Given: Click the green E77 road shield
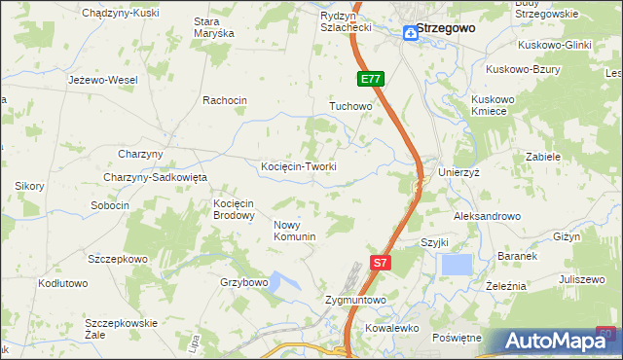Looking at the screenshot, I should pyautogui.click(x=370, y=79).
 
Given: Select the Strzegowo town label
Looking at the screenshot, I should pyautogui.click(x=446, y=28).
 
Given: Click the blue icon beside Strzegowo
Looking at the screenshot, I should pyautogui.click(x=412, y=33).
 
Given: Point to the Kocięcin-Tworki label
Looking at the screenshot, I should pyautogui.click(x=299, y=166).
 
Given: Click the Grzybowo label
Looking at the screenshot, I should pyautogui.click(x=243, y=282).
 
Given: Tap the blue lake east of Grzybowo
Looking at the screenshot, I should pyautogui.click(x=283, y=283).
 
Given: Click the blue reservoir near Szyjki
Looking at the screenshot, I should pyautogui.click(x=456, y=264).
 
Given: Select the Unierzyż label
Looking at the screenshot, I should pyautogui.click(x=462, y=171).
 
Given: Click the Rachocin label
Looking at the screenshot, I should pyautogui.click(x=225, y=100).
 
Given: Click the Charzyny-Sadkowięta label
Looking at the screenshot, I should pyautogui.click(x=156, y=177).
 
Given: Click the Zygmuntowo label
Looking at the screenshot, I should pyautogui.click(x=355, y=301).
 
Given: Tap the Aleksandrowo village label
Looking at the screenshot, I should pyautogui.click(x=487, y=216).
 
